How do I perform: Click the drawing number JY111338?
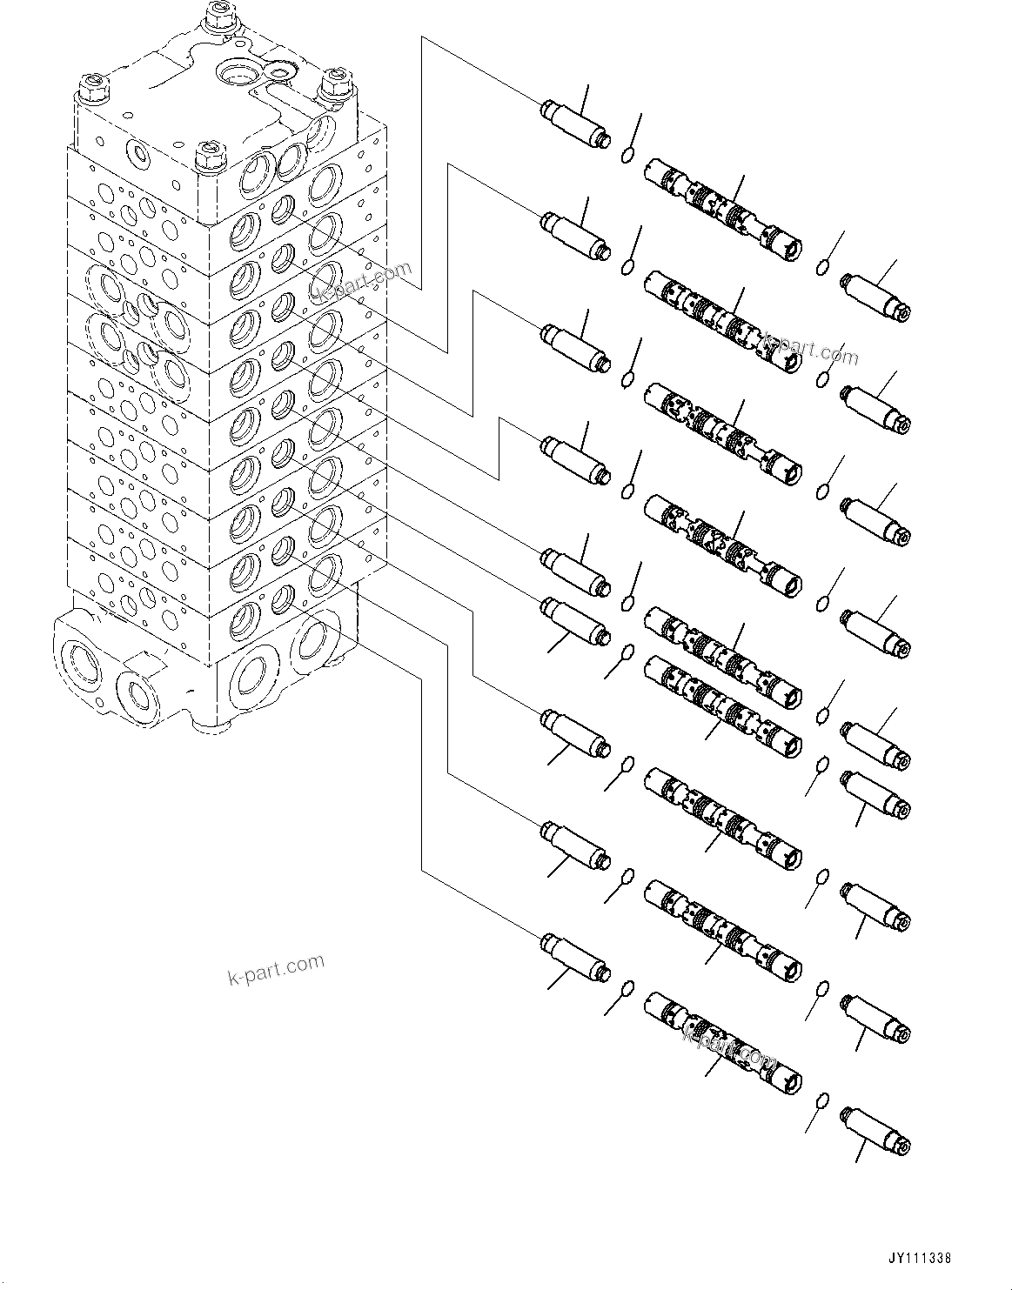(x=920, y=1257)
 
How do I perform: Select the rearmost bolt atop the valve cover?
(x=218, y=17)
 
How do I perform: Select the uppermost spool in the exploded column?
(x=721, y=200)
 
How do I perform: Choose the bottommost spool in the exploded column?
(x=721, y=1039)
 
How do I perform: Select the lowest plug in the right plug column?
(x=875, y=1130)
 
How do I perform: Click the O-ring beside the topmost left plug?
(x=627, y=155)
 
